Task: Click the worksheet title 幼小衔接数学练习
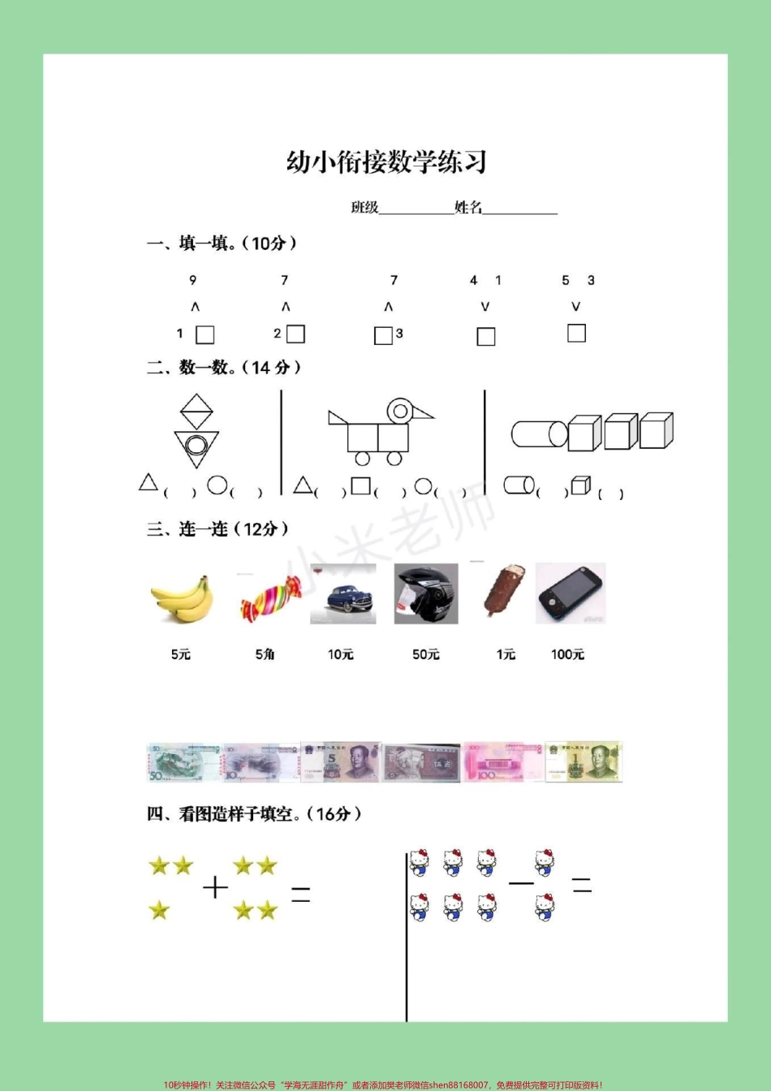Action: (386, 162)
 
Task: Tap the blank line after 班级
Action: (416, 209)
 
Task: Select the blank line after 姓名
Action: (519, 209)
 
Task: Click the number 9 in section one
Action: (192, 280)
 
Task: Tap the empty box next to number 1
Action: (205, 334)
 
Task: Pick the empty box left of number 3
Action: (383, 335)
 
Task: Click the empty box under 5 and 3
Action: (576, 333)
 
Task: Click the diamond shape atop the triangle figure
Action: (196, 412)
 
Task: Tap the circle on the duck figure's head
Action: (399, 412)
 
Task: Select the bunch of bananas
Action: (180, 598)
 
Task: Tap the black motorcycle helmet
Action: (425, 594)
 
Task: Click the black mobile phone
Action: (570, 594)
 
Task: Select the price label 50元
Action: (425, 654)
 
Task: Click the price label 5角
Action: (265, 654)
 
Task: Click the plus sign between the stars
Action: (215, 888)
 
